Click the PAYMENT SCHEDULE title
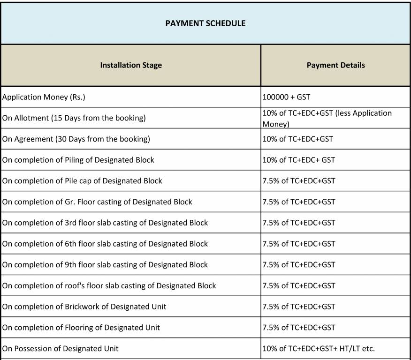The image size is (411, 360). click(205, 23)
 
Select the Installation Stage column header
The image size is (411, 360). click(131, 65)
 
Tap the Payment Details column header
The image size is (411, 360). click(335, 65)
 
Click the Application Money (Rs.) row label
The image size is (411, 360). click(44, 97)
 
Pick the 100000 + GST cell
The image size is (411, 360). click(286, 97)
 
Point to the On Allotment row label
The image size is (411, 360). click(74, 118)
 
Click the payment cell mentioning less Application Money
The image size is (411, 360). click(327, 119)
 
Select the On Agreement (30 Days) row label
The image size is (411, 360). click(76, 139)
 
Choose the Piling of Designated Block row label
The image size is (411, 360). click(78, 160)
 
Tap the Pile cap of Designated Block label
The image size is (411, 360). click(82, 181)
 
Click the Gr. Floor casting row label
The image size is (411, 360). click(97, 202)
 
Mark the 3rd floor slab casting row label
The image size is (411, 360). click(105, 223)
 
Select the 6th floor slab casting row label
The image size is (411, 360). click(105, 244)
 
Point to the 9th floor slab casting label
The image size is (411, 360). click(105, 265)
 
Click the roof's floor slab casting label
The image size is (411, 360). click(109, 285)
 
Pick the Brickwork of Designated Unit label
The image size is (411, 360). click(84, 307)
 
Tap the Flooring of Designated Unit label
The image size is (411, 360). click(81, 328)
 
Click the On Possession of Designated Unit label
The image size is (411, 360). click(61, 348)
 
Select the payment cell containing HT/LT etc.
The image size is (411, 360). click(319, 348)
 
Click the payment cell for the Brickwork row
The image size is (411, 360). click(299, 307)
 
